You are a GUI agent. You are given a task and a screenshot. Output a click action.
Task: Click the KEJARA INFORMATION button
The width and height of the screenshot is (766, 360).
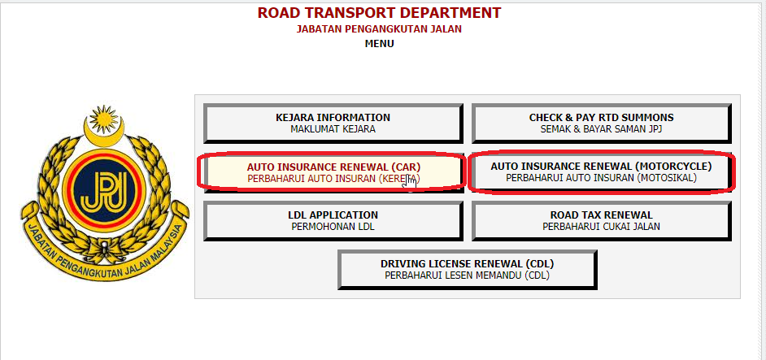point(333,123)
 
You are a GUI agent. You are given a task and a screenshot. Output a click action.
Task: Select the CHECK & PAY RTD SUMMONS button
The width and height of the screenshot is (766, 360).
point(602,123)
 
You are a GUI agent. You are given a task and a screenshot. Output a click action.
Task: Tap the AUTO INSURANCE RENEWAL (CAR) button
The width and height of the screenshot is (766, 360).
point(333,172)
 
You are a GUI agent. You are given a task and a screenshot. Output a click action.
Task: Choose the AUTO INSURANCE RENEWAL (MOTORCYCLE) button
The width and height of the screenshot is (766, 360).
point(602,172)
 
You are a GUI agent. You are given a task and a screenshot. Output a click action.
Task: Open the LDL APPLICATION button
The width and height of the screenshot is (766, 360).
point(333,221)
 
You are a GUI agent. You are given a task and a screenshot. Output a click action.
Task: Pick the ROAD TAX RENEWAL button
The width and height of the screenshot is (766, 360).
point(602,221)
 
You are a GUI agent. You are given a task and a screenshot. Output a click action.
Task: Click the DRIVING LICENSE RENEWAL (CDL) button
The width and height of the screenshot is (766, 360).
point(467,270)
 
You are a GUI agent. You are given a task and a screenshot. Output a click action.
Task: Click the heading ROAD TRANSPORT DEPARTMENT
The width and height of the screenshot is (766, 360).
point(379,13)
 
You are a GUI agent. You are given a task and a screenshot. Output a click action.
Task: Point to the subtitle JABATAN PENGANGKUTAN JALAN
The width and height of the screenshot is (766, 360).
point(379,28)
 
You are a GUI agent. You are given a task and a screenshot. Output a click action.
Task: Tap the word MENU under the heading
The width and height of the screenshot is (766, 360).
point(379,44)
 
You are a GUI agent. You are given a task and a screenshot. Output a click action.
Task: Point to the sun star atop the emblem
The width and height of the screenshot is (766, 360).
point(103,117)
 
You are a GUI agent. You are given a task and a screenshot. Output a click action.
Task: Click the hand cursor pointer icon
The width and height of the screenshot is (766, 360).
point(411,183)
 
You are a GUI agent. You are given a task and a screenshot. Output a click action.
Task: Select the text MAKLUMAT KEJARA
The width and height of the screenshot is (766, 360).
point(333,129)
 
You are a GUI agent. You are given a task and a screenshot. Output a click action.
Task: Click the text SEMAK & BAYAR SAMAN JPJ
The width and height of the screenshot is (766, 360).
point(602,129)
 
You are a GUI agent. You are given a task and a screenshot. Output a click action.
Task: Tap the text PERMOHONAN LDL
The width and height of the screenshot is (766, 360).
point(333,227)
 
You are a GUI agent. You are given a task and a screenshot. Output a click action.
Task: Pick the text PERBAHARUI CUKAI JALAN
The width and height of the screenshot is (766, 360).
point(602,227)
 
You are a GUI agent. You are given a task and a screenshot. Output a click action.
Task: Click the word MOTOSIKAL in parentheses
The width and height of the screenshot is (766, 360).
point(668,178)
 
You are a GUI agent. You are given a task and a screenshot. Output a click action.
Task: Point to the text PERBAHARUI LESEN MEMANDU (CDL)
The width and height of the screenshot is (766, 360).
point(467,275)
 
